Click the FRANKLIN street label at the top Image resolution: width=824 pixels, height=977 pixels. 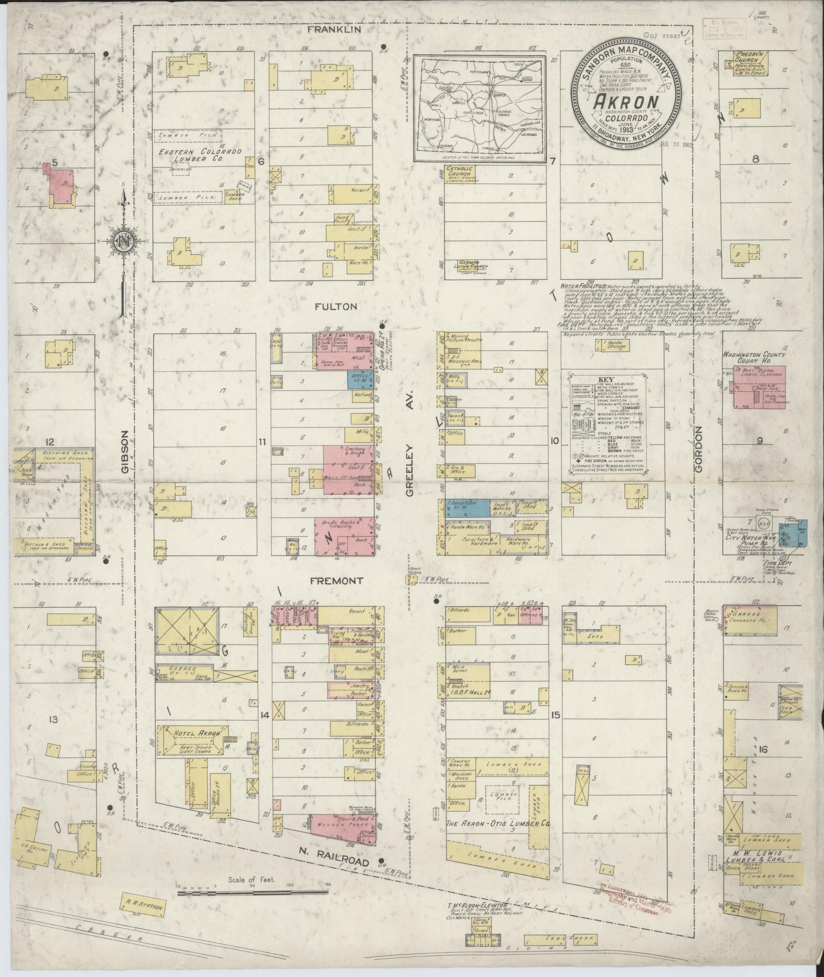(x=335, y=30)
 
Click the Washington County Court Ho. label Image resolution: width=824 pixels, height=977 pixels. (x=761, y=358)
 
